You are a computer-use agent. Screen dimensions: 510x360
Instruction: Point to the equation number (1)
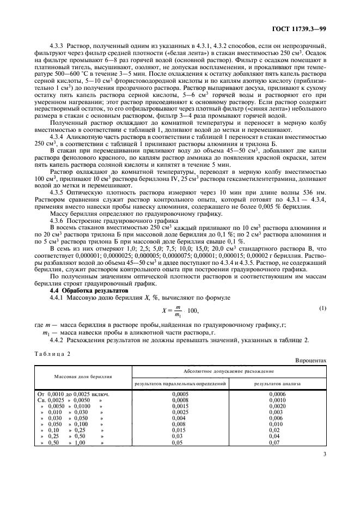pos(322,308)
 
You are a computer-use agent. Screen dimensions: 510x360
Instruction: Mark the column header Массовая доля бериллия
pos(83,377)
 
